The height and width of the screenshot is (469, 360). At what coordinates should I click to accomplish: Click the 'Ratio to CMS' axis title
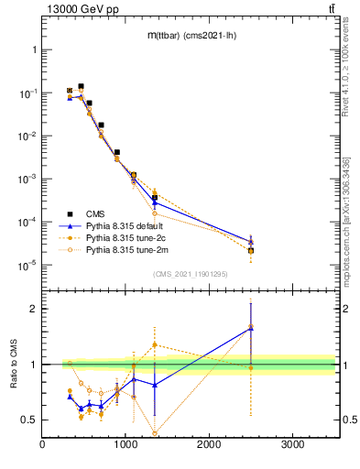[14, 379]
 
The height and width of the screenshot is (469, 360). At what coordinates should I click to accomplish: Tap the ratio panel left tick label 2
[32, 309]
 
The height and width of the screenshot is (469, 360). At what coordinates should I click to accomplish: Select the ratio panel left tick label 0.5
[29, 420]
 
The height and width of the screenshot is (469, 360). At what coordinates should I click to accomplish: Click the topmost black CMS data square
[81, 86]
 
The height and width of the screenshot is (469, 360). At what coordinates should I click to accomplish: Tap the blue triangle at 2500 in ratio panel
[251, 327]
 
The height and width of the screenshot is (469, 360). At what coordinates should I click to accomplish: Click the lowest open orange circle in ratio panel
[154, 433]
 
